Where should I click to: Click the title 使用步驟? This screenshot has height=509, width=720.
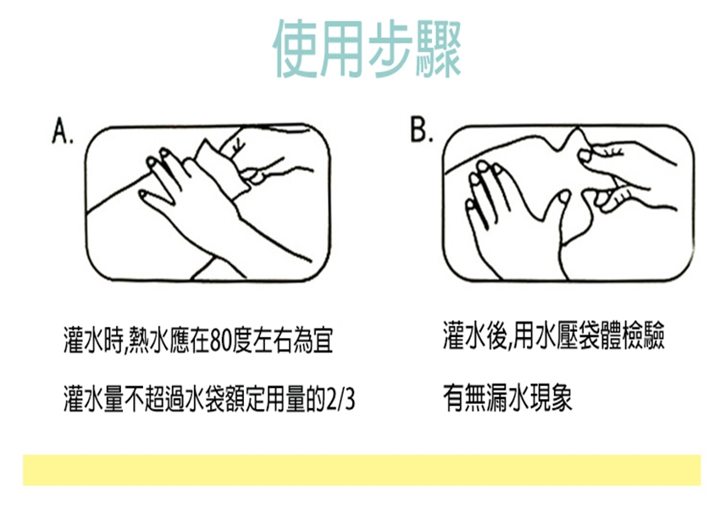[x=368, y=48]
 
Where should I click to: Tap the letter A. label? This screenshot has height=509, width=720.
[x=63, y=130]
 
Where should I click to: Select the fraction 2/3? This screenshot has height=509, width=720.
[x=341, y=398]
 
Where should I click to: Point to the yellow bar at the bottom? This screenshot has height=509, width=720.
[x=362, y=469]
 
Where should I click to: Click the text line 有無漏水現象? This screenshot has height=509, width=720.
[x=508, y=398]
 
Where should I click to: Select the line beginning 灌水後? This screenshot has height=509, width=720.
[x=554, y=335]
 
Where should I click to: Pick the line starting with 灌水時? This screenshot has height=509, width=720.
[x=198, y=340]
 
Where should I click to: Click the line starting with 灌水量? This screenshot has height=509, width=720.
[x=209, y=398]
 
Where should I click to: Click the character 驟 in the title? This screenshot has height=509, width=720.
[x=439, y=48]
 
